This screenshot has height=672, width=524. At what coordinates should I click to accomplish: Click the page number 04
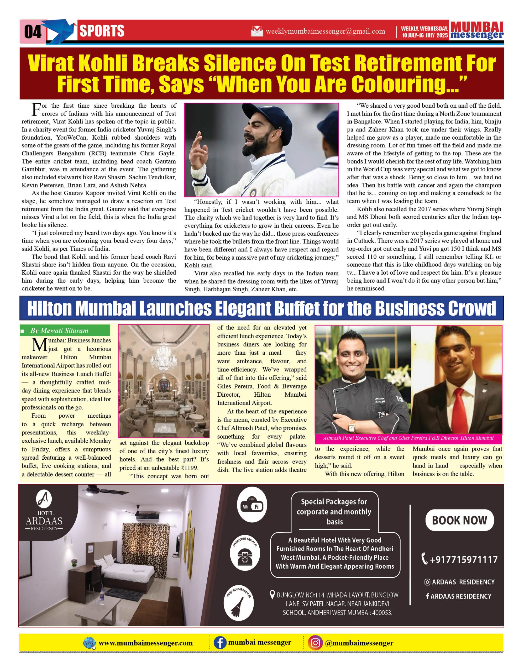click(33, 31)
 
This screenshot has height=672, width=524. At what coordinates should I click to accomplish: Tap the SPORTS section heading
click(102, 31)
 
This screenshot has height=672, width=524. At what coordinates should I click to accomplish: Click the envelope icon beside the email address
click(257, 31)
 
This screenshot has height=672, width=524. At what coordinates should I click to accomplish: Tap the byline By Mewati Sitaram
click(59, 330)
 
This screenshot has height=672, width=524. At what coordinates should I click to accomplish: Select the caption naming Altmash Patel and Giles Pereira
click(408, 438)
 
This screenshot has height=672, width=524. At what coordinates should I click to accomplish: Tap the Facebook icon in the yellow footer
click(220, 643)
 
